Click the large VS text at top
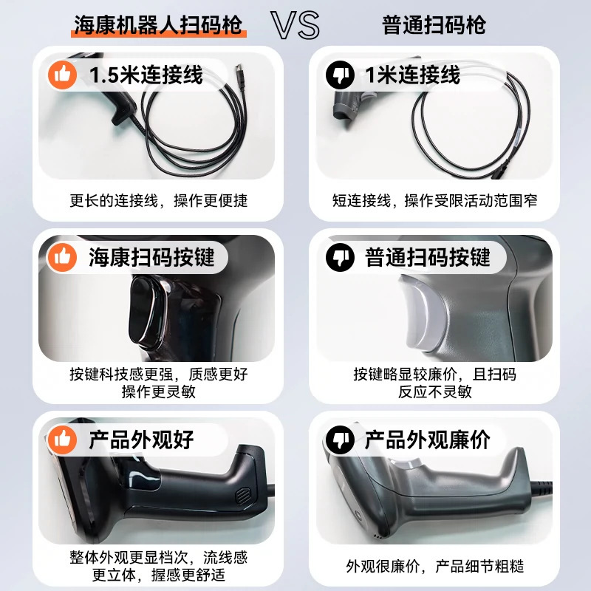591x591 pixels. pos(295,25)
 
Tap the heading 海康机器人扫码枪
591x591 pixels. pos(158,25)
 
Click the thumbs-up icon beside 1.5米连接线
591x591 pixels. pos(62,75)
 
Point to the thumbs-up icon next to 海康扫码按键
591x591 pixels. pos(62,257)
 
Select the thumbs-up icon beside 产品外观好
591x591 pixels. pos(62,440)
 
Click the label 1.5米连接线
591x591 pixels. pos(146,75)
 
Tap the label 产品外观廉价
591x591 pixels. pos(427,440)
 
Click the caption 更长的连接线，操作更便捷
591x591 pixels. pos(158,200)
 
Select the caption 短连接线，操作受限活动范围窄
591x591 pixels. pos(434,200)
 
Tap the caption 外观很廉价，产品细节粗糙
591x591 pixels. pos(434,566)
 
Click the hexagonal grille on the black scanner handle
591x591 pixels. pos(242,495)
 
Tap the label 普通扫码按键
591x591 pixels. pos(427,257)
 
